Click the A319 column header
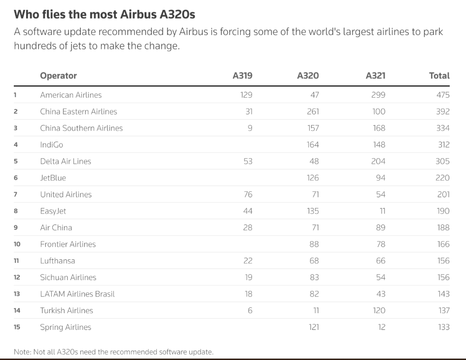tap(242, 75)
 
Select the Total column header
tap(439, 75)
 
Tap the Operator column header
tap(58, 75)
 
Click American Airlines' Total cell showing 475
tap(442, 95)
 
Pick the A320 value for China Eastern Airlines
tap(313, 111)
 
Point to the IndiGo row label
tap(51, 144)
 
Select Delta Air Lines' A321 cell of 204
tap(378, 161)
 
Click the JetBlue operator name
tap(53, 178)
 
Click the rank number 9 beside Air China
tap(15, 227)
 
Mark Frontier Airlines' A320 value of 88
tap(314, 244)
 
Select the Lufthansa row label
tap(57, 260)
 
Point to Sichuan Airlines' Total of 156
tap(443, 277)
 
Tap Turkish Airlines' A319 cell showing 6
tap(250, 310)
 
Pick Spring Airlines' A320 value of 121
tap(314, 327)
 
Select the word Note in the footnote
tap(22, 352)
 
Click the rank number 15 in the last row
tap(17, 327)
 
